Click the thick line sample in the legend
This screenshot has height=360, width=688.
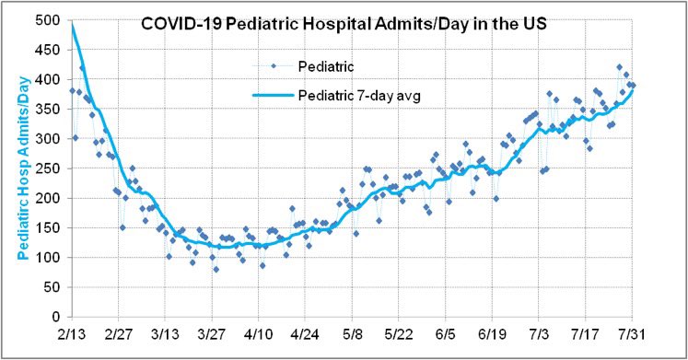(x=273, y=94)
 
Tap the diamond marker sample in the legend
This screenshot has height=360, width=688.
(x=273, y=66)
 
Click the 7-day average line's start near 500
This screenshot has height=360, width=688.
(x=72, y=26)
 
